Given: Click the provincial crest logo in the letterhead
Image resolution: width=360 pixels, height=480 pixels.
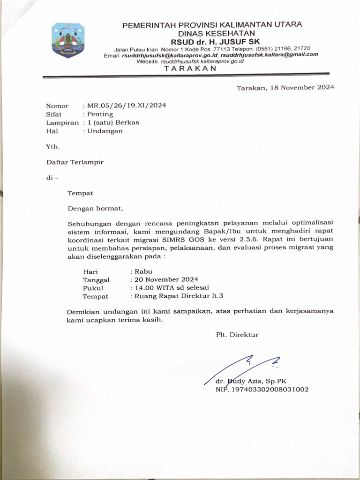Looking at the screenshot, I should [x=68, y=41].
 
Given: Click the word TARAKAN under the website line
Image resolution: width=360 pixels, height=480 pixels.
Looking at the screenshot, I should [x=190, y=68].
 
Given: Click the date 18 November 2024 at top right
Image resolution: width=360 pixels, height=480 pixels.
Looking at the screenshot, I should [x=301, y=88].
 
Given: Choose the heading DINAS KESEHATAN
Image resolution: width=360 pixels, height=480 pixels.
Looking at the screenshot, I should [x=216, y=33].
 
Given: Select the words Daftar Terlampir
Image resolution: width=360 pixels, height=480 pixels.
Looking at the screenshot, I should [x=75, y=162].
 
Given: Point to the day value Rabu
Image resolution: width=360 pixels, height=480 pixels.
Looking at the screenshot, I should [x=143, y=271].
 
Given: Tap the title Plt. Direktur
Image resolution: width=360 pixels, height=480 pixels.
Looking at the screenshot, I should [x=237, y=335].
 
